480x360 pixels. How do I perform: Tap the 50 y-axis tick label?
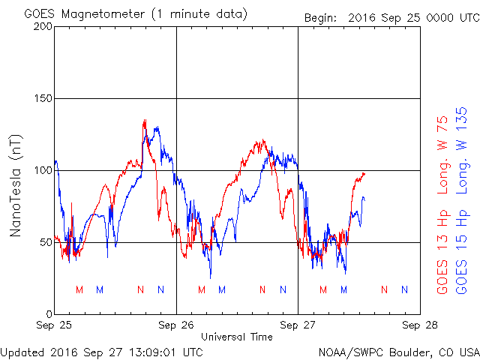44,242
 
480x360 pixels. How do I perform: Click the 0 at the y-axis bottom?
47,314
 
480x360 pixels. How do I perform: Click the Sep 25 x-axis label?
55,325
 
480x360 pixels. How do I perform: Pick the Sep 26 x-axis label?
176,325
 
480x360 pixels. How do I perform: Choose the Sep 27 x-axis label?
298,325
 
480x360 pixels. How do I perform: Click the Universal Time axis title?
237,337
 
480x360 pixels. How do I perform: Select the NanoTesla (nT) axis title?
16,185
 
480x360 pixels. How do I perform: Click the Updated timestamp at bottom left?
102,351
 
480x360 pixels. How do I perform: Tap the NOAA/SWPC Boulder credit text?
398,351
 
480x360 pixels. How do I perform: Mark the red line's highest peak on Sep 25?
145,120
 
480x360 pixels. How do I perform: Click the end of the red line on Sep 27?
364,173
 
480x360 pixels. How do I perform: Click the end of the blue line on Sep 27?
364,199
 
